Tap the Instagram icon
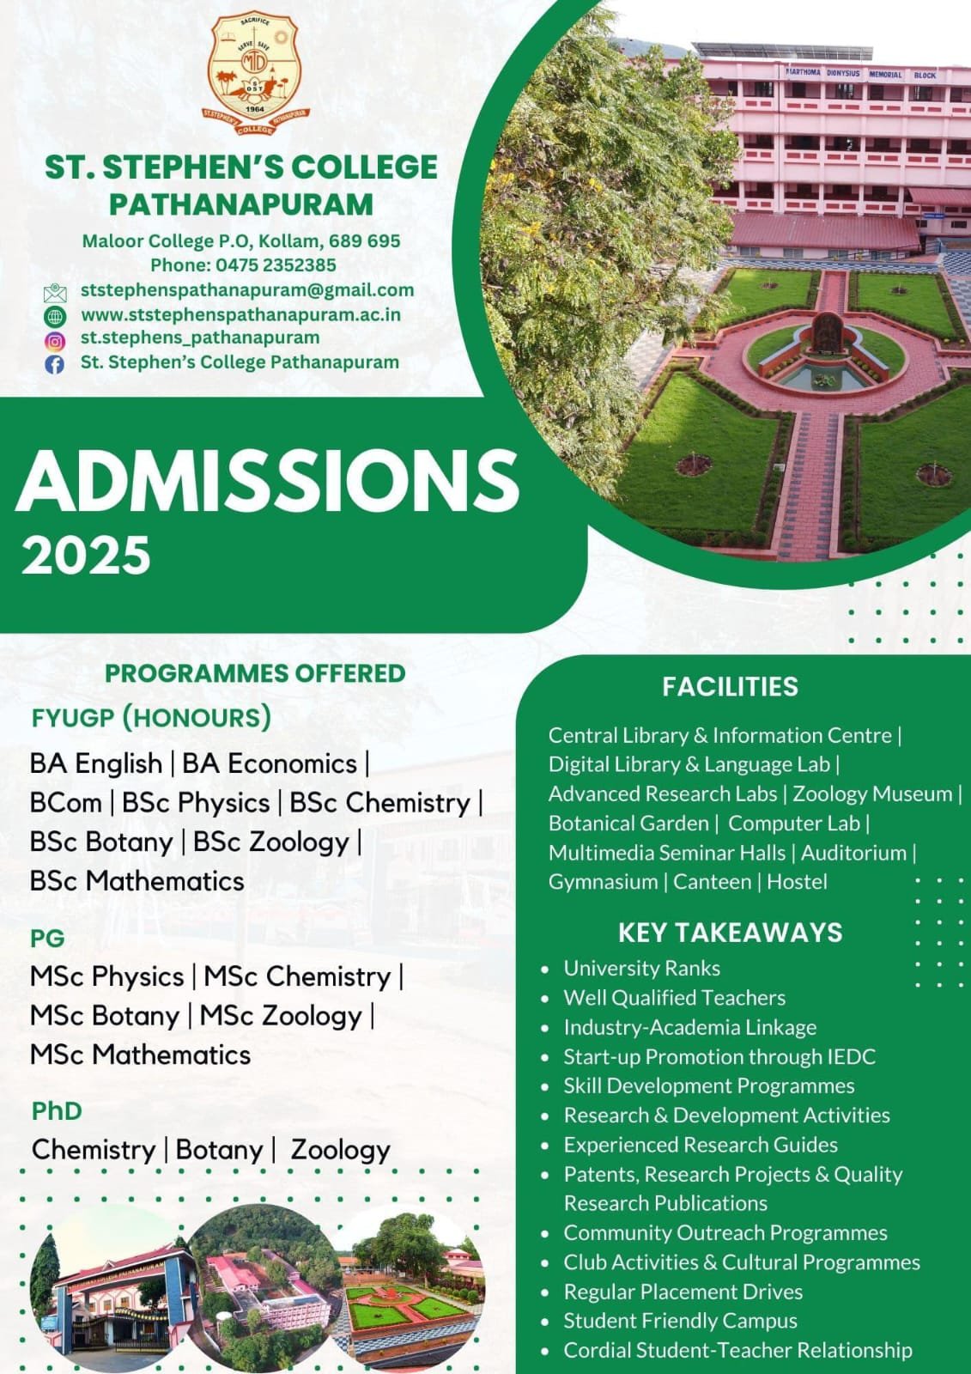click(54, 340)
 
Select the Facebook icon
click(54, 364)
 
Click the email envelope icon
click(54, 293)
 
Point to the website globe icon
click(54, 316)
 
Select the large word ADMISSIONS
click(268, 481)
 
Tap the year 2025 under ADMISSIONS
click(86, 556)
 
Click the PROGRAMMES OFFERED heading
click(255, 673)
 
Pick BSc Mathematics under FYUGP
click(137, 881)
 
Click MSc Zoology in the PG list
click(281, 1016)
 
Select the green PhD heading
click(57, 1111)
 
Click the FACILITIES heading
click(730, 687)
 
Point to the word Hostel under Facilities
click(797, 882)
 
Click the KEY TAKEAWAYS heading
click(730, 933)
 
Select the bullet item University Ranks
click(641, 969)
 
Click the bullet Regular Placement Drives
click(683, 1292)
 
